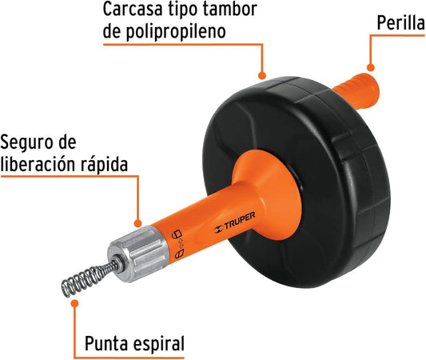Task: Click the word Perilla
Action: [400, 22]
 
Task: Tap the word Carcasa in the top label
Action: [133, 9]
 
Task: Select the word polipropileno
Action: [176, 32]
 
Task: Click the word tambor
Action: [230, 9]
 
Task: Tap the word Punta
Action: [106, 343]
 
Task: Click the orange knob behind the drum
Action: [356, 90]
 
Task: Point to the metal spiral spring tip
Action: [90, 278]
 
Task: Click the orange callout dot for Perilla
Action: [370, 67]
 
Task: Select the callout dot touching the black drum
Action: [261, 75]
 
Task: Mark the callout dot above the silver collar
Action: [138, 223]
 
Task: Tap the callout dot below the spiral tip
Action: [74, 303]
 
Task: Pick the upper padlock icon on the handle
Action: [177, 234]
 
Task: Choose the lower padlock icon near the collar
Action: [179, 254]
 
